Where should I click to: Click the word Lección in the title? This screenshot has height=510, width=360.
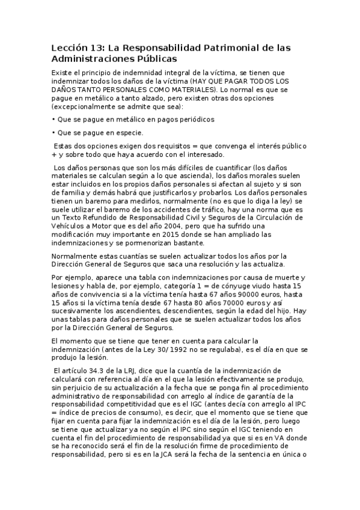pyautogui.click(x=69, y=48)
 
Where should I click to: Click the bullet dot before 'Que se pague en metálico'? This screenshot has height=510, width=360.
pyautogui.click(x=53, y=119)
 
